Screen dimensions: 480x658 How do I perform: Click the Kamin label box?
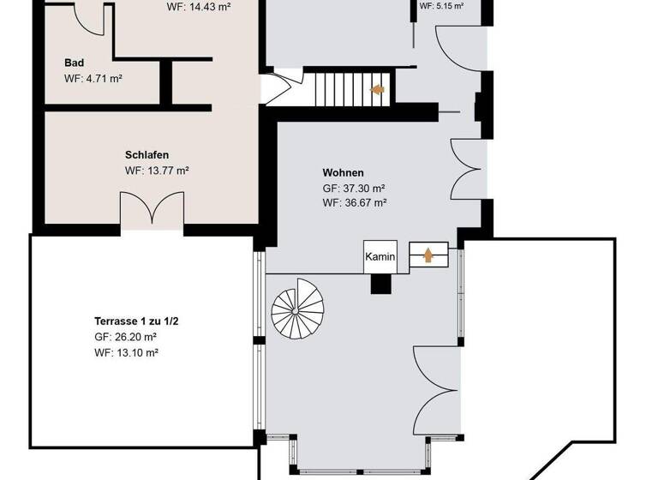pos(380,256)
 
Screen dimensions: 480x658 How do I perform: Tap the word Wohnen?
pos(343,172)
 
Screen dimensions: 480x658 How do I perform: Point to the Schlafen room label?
pos(147,155)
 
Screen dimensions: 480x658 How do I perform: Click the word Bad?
pos(75,63)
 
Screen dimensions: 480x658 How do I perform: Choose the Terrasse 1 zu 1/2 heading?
pos(136,321)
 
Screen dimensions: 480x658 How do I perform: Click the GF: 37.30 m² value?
pos(353,188)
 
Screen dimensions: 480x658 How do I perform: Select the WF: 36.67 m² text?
pos(354,203)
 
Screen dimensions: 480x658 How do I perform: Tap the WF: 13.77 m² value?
pos(157,171)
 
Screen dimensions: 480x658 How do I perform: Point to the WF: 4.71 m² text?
pos(93,78)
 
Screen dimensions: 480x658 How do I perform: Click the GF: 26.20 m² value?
pos(126,337)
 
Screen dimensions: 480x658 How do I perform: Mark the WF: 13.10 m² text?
pos(126,352)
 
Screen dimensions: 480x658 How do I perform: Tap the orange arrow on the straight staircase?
pos(376,88)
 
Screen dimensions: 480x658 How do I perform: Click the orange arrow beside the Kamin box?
pos(428,255)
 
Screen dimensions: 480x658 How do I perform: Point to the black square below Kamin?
pos(381,284)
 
